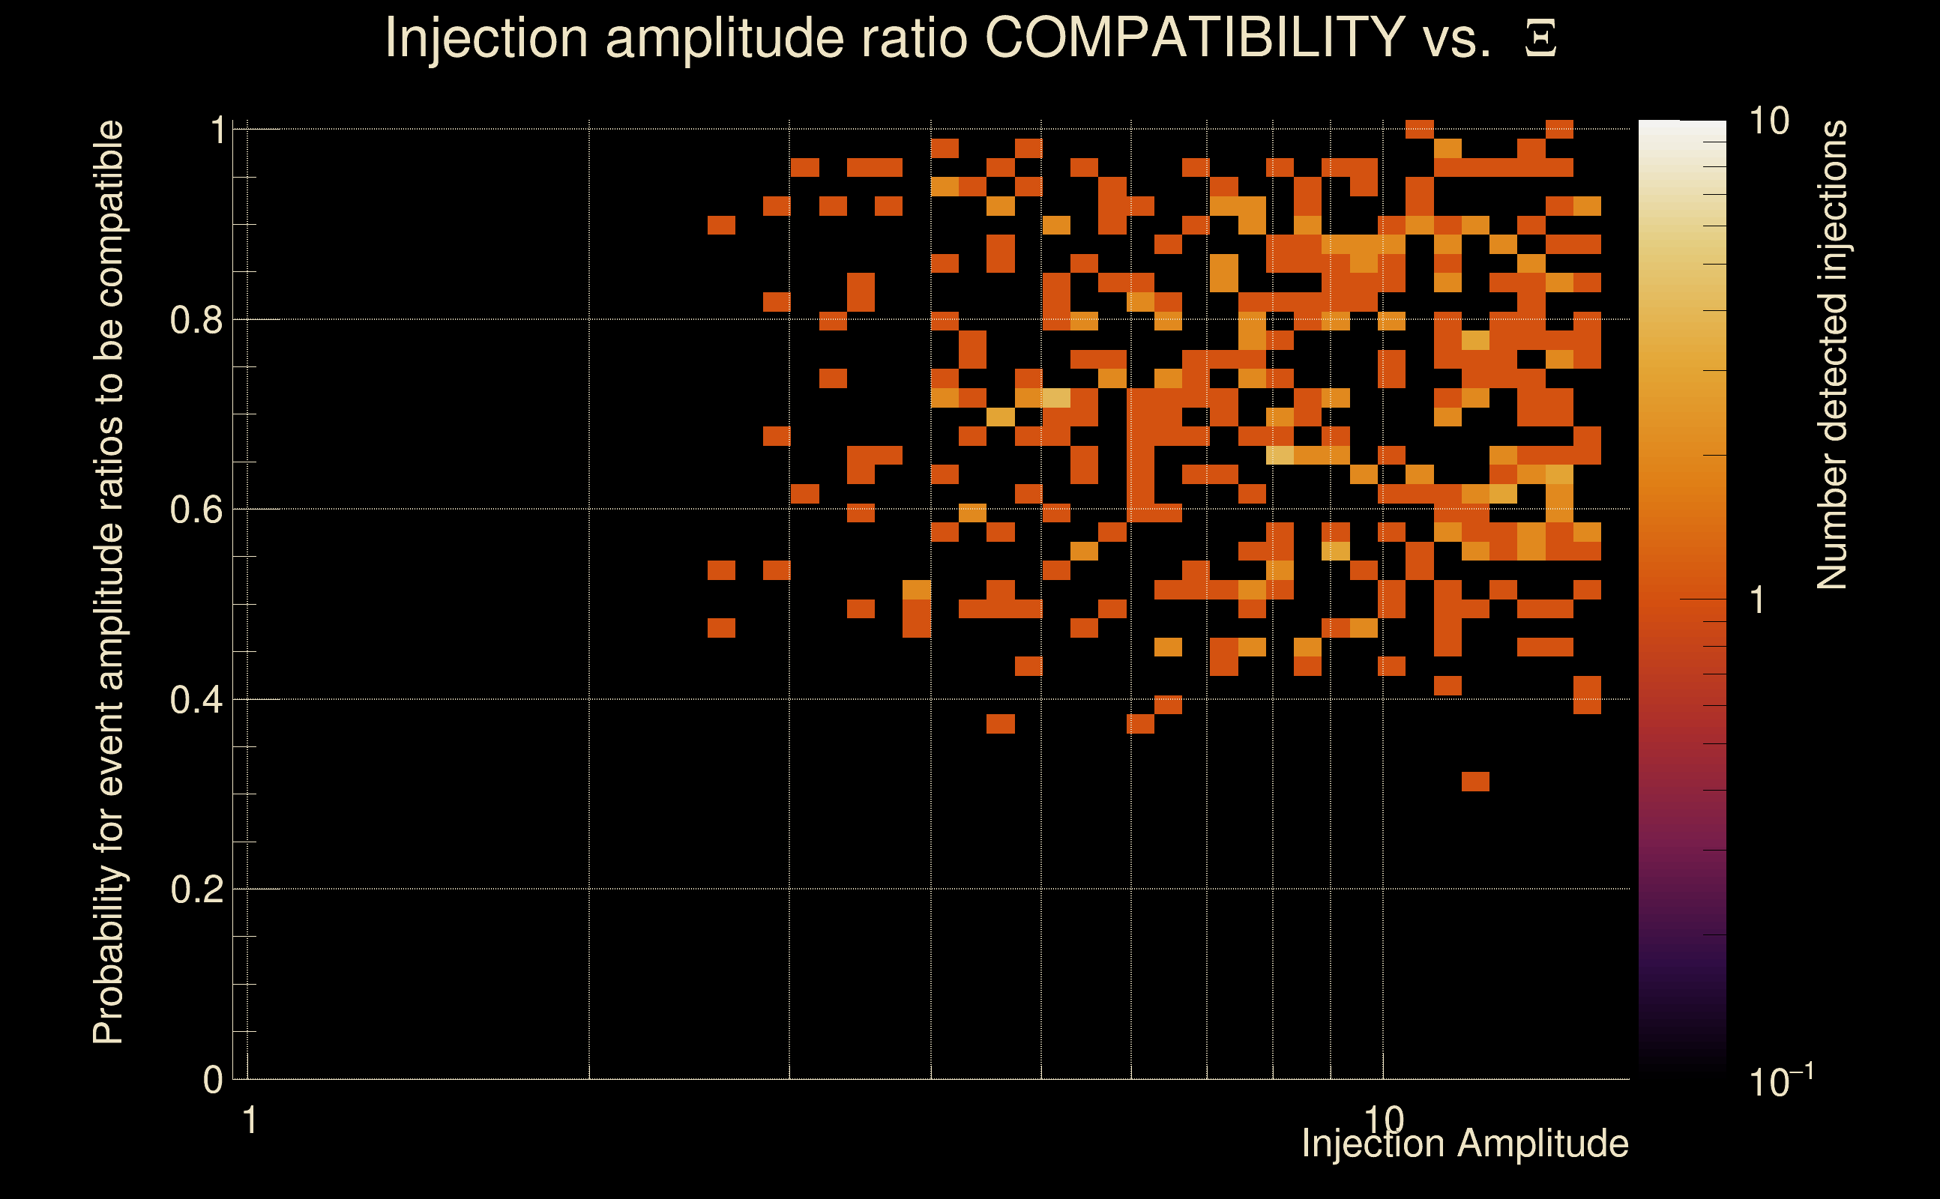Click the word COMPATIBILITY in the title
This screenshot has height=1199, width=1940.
coord(1194,37)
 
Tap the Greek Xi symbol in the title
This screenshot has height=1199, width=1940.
coord(1540,39)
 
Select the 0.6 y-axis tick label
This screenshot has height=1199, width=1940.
coord(196,510)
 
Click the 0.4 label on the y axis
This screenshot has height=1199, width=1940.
coord(196,700)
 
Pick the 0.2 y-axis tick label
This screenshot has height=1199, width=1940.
coord(196,890)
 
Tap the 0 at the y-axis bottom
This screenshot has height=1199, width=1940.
coord(213,1080)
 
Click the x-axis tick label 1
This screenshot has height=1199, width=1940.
coord(250,1120)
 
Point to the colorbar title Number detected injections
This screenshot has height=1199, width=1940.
coord(1832,354)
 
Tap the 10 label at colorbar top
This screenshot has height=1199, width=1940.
coord(1768,121)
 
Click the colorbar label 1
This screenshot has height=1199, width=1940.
coord(1758,601)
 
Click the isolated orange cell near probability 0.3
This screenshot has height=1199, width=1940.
coord(1475,782)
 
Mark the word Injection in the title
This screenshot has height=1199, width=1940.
coord(486,37)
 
